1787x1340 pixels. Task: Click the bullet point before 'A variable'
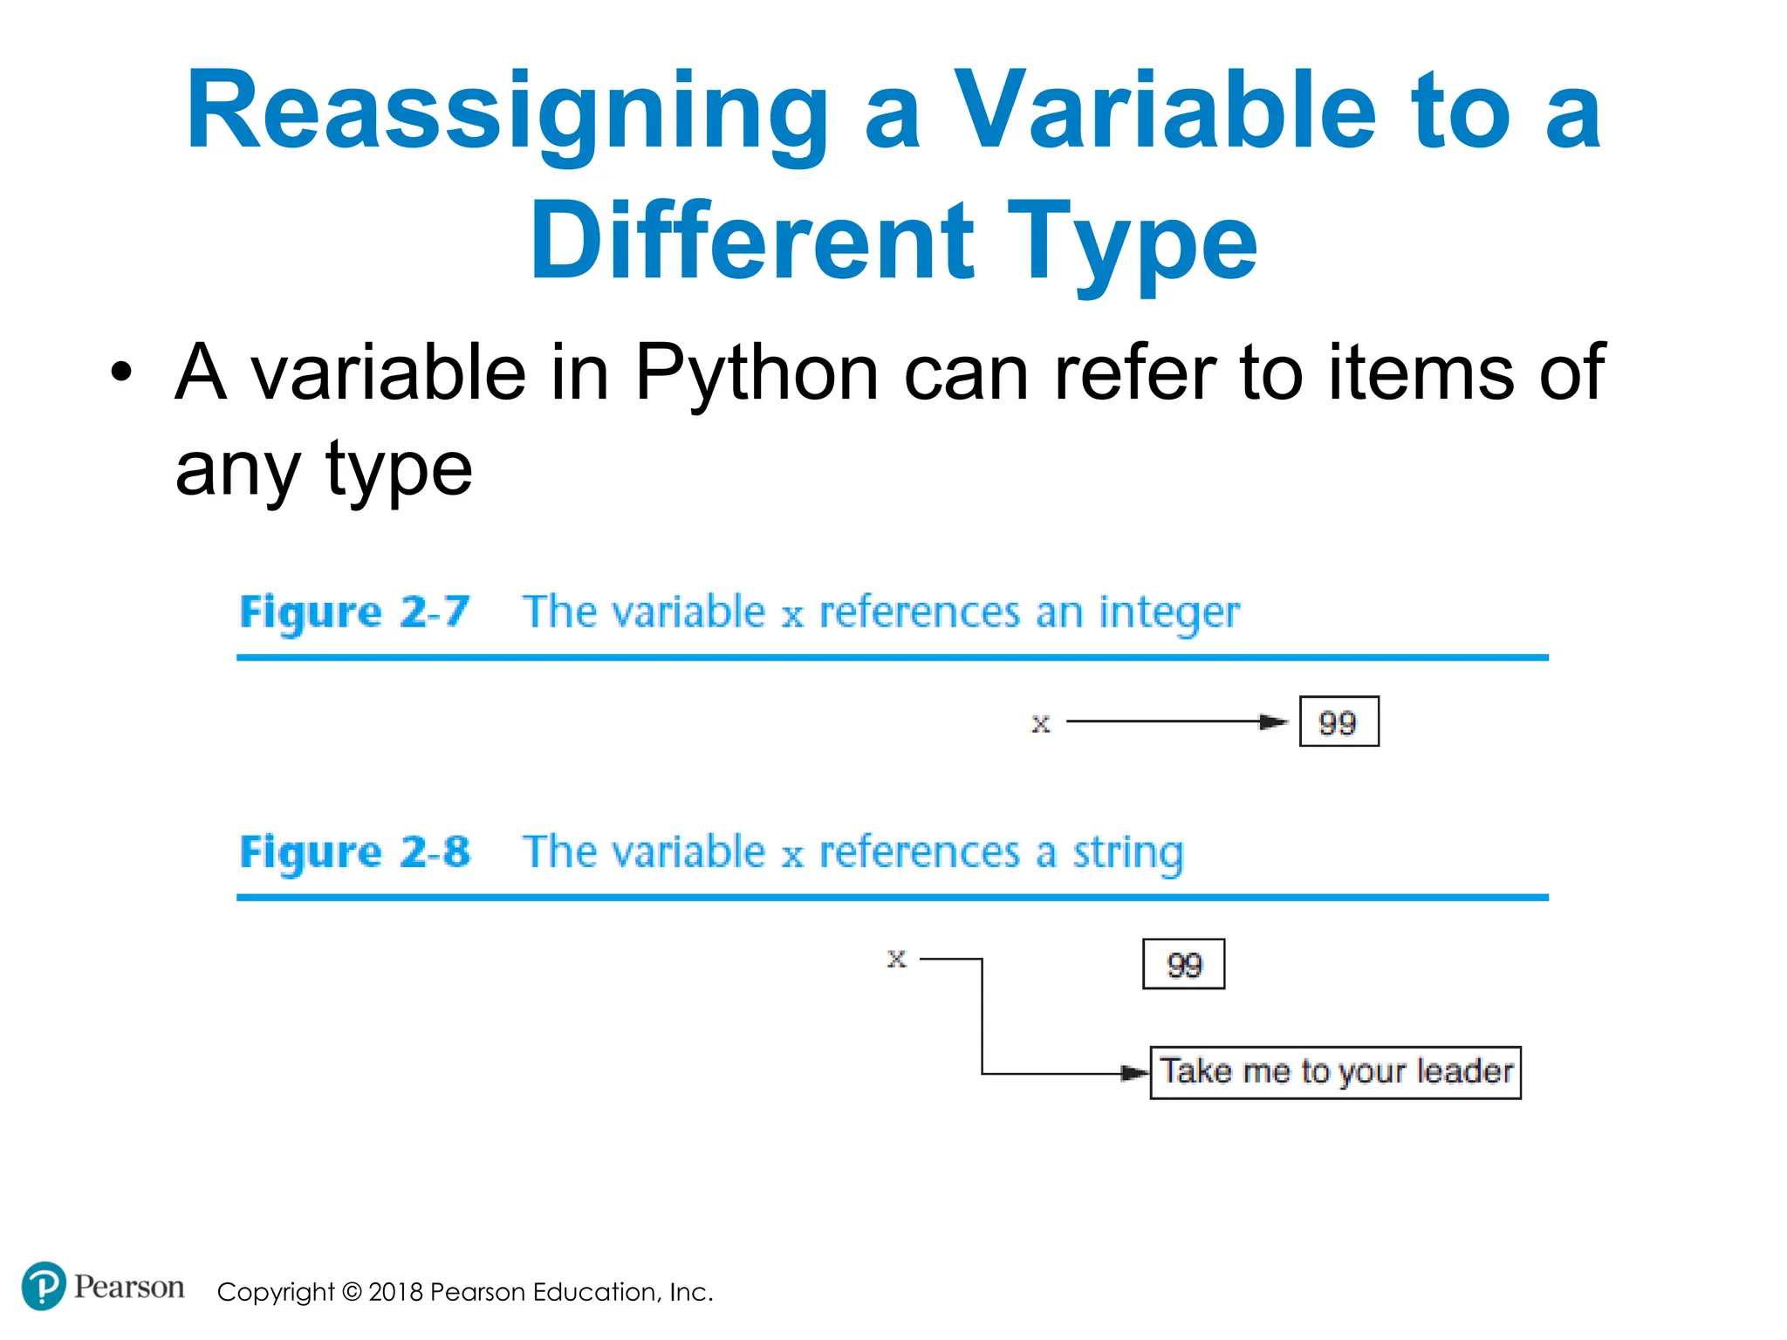pyautogui.click(x=121, y=373)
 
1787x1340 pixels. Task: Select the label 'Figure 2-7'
pyautogui.click(x=354, y=612)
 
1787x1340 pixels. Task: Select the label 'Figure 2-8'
pyautogui.click(x=354, y=851)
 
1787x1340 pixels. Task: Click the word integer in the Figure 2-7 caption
pyautogui.click(x=1168, y=612)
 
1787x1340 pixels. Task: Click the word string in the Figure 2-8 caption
pyautogui.click(x=1127, y=852)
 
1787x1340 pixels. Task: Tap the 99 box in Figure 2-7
pyautogui.click(x=1339, y=721)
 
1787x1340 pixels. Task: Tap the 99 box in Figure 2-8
pyautogui.click(x=1183, y=964)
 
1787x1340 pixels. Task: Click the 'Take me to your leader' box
pyautogui.click(x=1335, y=1072)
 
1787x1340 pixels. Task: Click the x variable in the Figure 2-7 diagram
pyautogui.click(x=1040, y=723)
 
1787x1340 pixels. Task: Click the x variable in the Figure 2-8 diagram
pyautogui.click(x=896, y=959)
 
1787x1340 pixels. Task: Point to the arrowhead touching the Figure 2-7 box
pyautogui.click(x=1276, y=721)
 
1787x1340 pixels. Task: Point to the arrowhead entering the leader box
pyautogui.click(x=1135, y=1073)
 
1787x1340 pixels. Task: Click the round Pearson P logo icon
pyautogui.click(x=43, y=1286)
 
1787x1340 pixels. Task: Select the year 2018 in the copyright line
pyautogui.click(x=396, y=1292)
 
